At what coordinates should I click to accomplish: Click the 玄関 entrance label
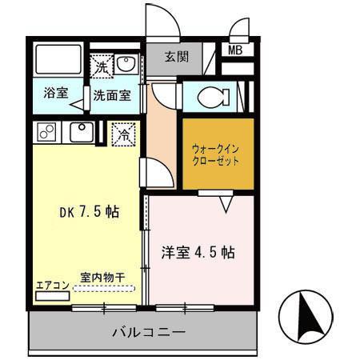[x=177, y=57]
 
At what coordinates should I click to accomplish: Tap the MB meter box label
[x=236, y=50]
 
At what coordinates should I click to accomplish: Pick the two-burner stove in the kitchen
[x=46, y=130]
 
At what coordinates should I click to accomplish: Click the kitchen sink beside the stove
[x=80, y=130]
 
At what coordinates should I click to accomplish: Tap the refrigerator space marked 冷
[x=124, y=134]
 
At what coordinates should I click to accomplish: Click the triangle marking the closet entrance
[x=226, y=206]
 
